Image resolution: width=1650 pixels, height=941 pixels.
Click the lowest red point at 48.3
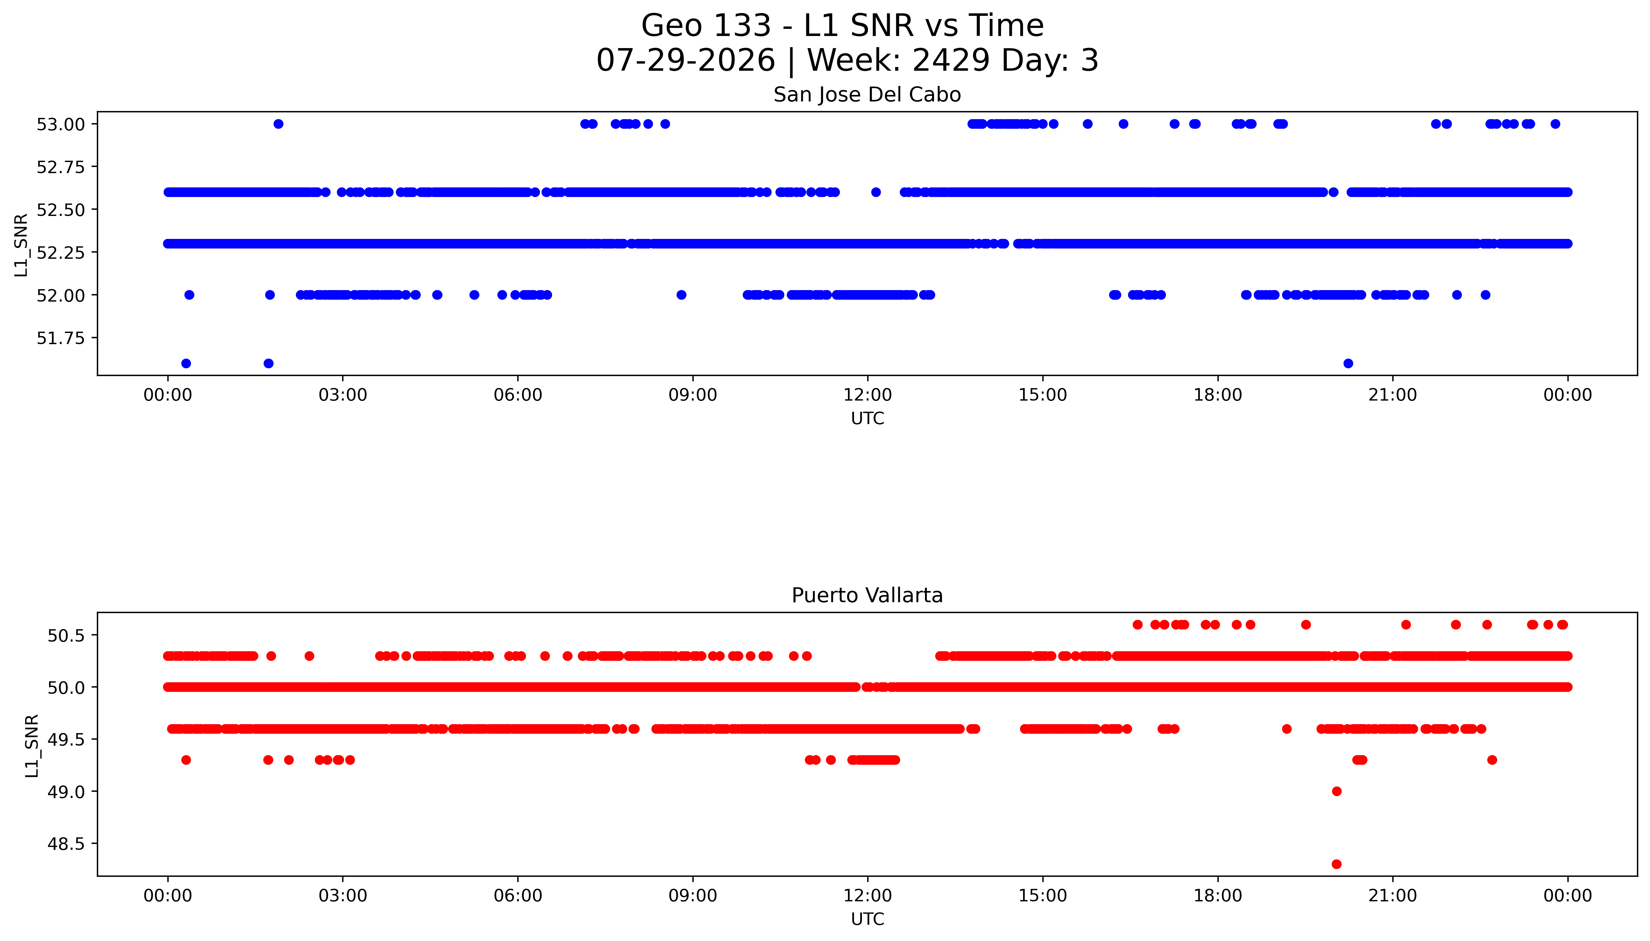pos(1336,864)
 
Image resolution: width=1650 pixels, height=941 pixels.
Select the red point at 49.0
pos(1336,791)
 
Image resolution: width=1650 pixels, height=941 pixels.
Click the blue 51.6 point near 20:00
pos(1348,363)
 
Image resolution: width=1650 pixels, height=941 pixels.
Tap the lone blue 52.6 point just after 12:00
pos(876,192)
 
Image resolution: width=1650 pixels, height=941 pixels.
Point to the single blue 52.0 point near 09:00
pos(681,295)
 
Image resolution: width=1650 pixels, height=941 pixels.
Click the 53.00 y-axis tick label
pos(61,124)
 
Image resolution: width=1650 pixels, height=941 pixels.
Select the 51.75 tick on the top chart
pos(61,338)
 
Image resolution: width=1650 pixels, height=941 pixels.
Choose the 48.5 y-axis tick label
pos(66,843)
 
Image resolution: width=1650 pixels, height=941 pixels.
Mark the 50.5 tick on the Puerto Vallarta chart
pos(66,635)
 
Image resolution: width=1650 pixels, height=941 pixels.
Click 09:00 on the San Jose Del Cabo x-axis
pos(693,395)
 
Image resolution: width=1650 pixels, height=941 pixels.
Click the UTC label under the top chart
pos(867,419)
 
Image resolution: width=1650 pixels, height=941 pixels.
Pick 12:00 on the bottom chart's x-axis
pos(867,896)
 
